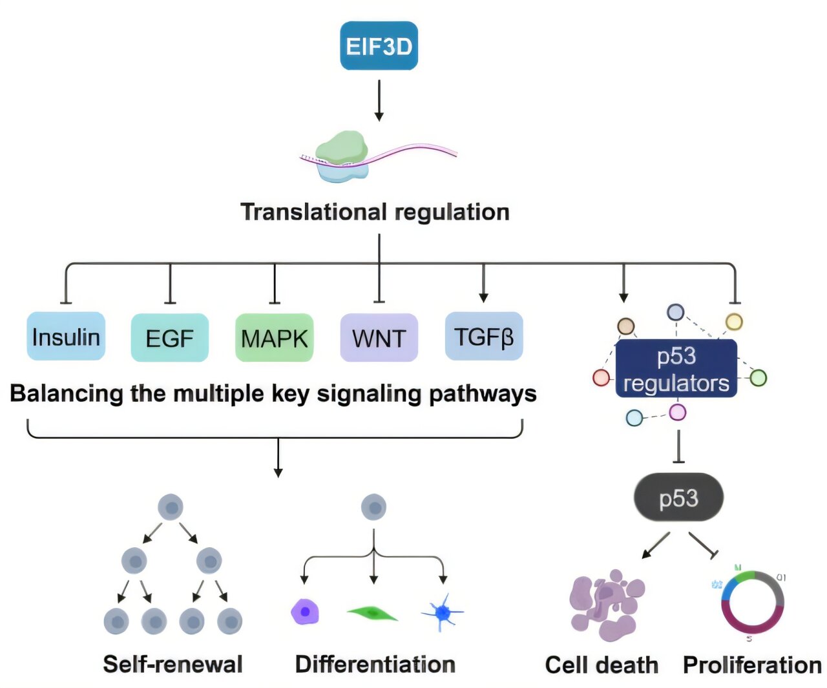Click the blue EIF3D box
pyautogui.click(x=379, y=46)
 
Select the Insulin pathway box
pyautogui.click(x=66, y=337)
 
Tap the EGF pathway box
pyautogui.click(x=169, y=338)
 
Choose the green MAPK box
pyautogui.click(x=274, y=338)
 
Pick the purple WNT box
pyautogui.click(x=379, y=338)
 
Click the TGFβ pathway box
pyautogui.click(x=483, y=337)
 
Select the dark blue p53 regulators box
pyautogui.click(x=676, y=369)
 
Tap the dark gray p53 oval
pyautogui.click(x=678, y=497)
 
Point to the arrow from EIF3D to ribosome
pyautogui.click(x=379, y=100)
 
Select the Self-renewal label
pyautogui.click(x=173, y=664)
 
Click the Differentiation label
pyautogui.click(x=375, y=664)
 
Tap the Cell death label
pyautogui.click(x=602, y=665)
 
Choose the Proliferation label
pyautogui.click(x=752, y=665)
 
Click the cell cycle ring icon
pyautogui.click(x=752, y=602)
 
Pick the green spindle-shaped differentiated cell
pyautogui.click(x=372, y=612)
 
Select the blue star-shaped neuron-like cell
pyautogui.click(x=443, y=611)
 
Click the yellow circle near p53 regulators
pyautogui.click(x=734, y=321)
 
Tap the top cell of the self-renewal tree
pyautogui.click(x=171, y=508)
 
